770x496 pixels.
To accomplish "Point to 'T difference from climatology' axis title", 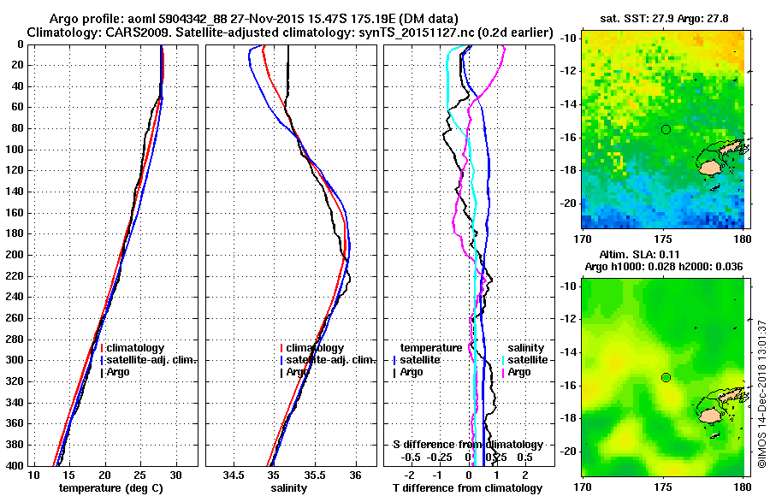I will [468, 488].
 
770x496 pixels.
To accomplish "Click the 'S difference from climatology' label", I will [468, 445].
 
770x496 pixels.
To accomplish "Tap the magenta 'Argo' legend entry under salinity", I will [519, 372].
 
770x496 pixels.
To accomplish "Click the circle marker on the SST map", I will [666, 129].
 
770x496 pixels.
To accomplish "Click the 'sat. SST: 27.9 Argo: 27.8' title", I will [664, 19].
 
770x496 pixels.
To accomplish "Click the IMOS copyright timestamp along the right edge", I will [761, 394].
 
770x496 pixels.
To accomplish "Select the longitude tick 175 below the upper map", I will [663, 240].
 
